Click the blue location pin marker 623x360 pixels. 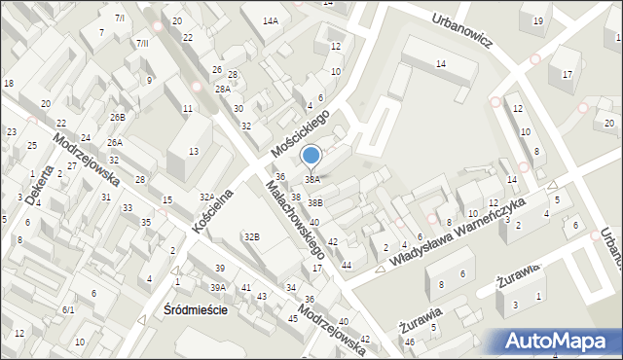[311, 156]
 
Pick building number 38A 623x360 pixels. [312, 179]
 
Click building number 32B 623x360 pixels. [252, 236]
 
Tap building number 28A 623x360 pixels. [223, 89]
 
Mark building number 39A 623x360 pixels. [219, 287]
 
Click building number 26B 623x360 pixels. [117, 117]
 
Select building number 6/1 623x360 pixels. [68, 309]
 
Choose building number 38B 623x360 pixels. [315, 202]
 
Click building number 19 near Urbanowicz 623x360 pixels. [537, 20]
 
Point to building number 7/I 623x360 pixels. [119, 18]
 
